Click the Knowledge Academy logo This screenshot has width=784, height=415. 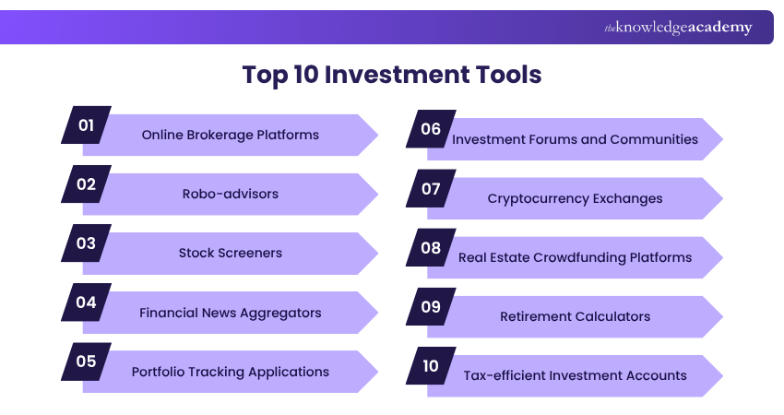(678, 28)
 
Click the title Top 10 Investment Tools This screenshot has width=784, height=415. (391, 74)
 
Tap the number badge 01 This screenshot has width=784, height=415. (86, 125)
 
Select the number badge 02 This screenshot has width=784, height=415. (86, 184)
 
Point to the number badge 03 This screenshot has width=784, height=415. (86, 243)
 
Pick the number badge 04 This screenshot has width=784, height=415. (86, 302)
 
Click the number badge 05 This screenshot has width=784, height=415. (86, 361)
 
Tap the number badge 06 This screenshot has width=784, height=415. (431, 129)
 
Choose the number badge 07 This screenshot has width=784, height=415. (431, 188)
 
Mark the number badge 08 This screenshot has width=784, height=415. (431, 247)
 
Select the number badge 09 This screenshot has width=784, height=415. (431, 306)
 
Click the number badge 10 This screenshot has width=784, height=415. (431, 365)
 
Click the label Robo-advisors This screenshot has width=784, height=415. (231, 194)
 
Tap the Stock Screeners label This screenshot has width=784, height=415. (231, 253)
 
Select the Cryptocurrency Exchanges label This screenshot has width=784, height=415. (575, 198)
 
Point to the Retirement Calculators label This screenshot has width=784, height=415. (575, 316)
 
